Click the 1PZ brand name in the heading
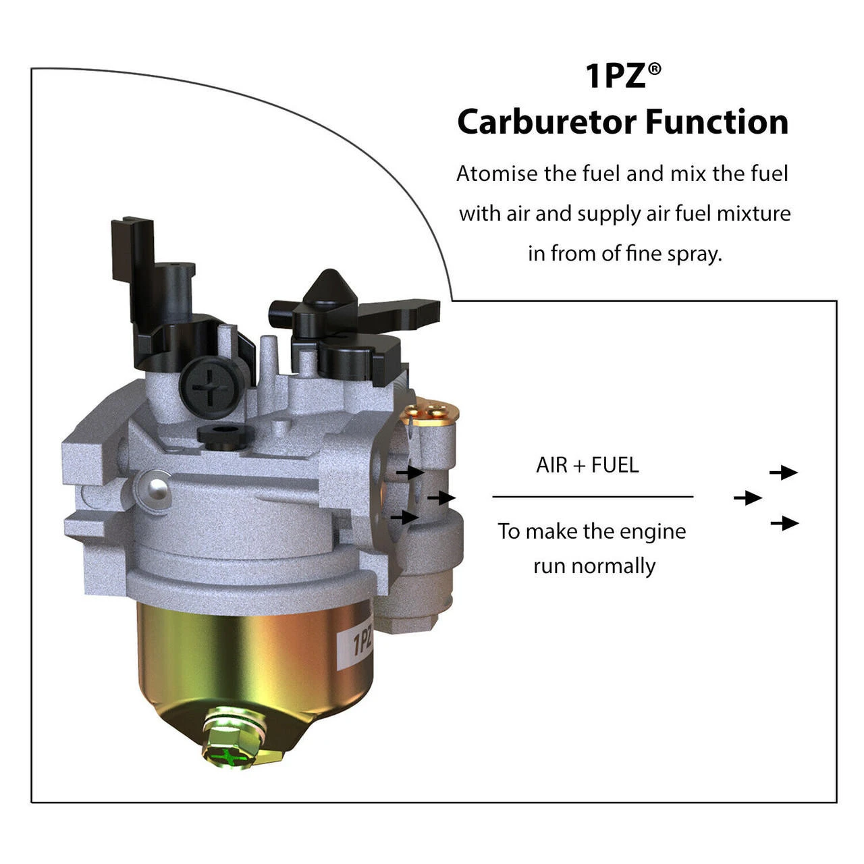615,76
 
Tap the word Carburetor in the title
547,122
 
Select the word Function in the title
717,122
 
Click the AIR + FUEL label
587,465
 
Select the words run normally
594,566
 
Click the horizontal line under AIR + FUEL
593,497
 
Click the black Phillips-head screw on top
209,386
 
